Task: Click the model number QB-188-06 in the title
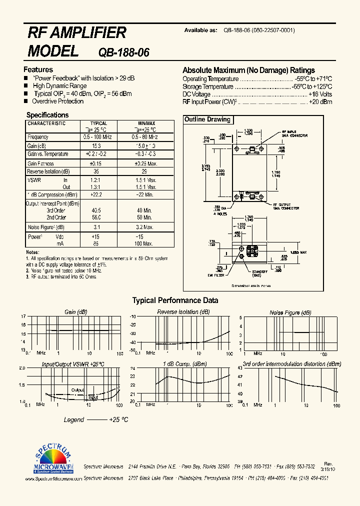[x=124, y=52]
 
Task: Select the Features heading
[x=38, y=70]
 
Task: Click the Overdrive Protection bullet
[x=57, y=101]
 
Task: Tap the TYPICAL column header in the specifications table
[x=98, y=123]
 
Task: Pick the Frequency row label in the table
[x=38, y=137]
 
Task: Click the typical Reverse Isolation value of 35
[x=96, y=171]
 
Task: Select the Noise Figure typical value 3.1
[x=96, y=227]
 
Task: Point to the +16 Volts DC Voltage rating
[x=320, y=94]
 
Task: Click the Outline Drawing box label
[x=207, y=119]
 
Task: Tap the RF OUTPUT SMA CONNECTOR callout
[x=285, y=206]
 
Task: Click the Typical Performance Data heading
[x=175, y=300]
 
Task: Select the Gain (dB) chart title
[x=75, y=312]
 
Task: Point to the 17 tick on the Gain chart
[x=22, y=316]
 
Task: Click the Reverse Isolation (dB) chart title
[x=183, y=312]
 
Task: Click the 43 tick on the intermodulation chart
[x=240, y=368]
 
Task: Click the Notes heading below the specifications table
[x=32, y=252]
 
